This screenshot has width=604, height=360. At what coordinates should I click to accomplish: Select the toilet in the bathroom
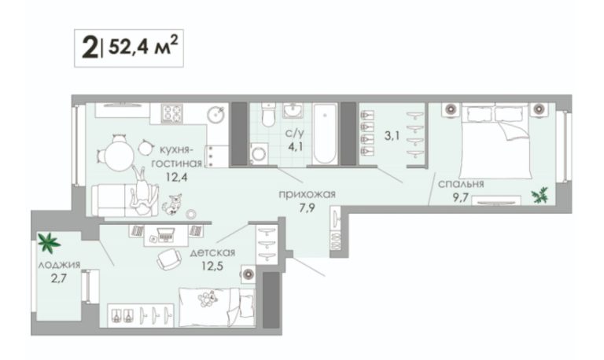[268, 114]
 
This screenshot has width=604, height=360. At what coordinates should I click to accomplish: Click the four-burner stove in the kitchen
[172, 113]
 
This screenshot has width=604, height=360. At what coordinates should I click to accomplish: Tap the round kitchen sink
[215, 114]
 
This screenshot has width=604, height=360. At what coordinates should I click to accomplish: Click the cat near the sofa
[171, 204]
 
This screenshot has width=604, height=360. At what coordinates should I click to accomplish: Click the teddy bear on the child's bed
[208, 299]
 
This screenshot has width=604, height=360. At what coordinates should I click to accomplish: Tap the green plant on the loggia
[48, 242]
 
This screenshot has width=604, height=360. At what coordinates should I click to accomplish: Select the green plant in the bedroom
[540, 195]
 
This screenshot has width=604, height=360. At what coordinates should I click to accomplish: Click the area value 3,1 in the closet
[392, 135]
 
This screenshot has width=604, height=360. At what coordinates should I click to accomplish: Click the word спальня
[461, 184]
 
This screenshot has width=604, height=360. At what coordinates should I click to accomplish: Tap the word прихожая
[307, 194]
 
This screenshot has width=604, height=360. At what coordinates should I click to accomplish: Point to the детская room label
[212, 252]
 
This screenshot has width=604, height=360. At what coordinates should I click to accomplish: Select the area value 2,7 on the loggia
[58, 278]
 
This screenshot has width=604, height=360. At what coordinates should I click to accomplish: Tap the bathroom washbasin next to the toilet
[293, 110]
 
